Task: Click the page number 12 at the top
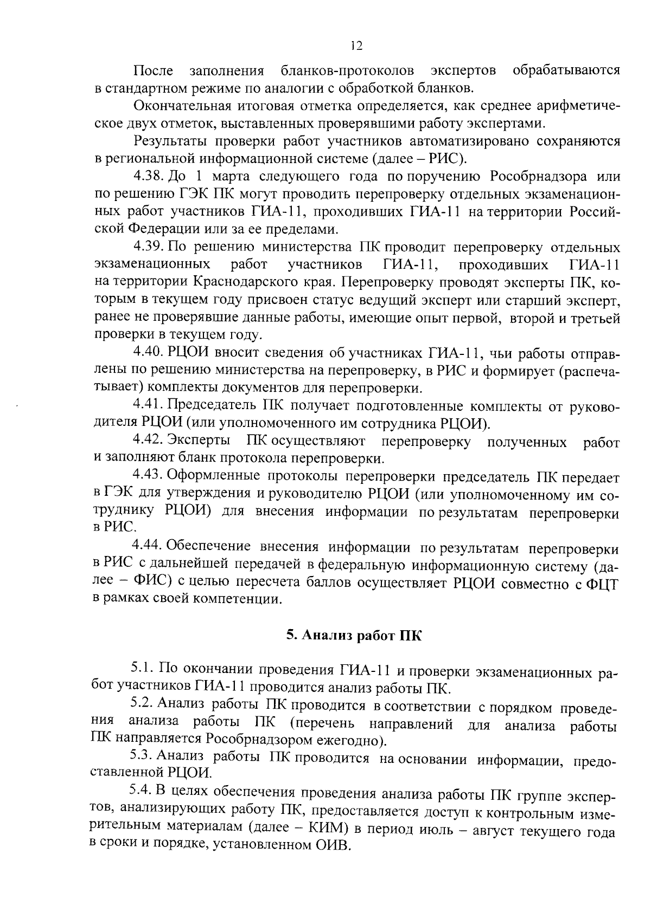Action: pos(356,46)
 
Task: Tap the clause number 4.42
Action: pos(147,441)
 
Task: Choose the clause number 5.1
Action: pos(142,670)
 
